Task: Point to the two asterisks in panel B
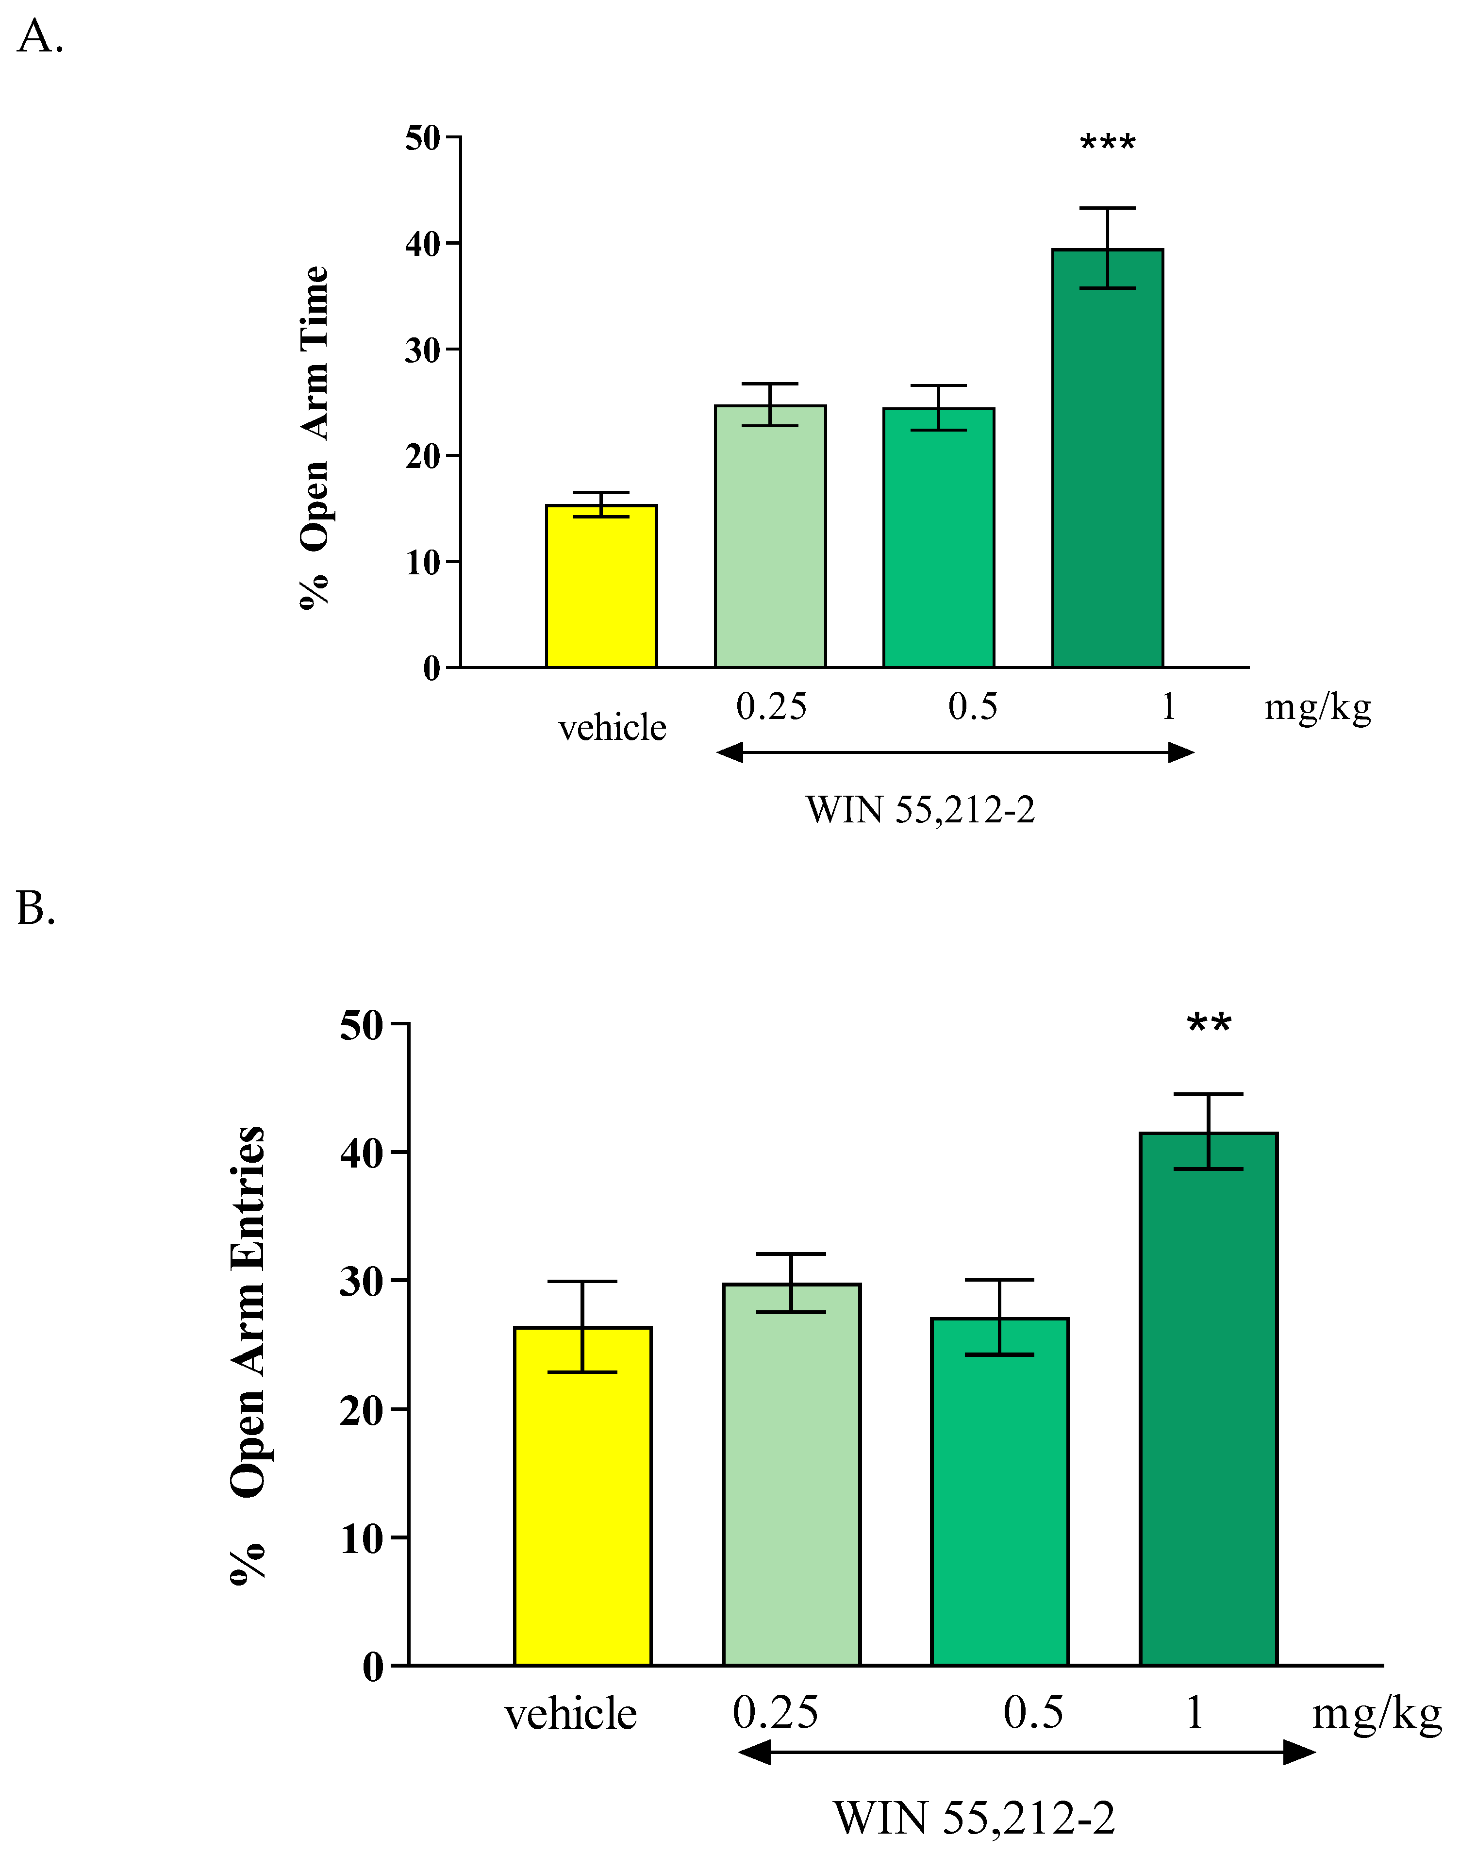(1209, 1024)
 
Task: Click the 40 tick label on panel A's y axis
(422, 245)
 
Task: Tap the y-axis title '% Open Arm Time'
(315, 437)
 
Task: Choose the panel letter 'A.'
(39, 37)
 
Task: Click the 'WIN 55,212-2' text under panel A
(920, 809)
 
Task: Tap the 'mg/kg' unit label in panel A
(1317, 708)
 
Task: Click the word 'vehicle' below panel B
(570, 1715)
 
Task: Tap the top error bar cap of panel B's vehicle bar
(582, 1281)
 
